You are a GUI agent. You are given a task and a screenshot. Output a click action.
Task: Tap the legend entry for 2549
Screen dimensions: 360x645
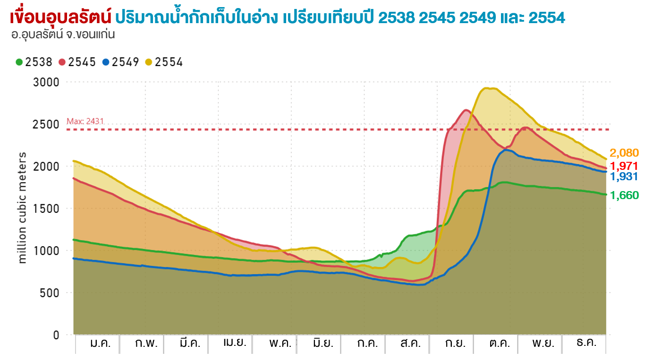(x=121, y=62)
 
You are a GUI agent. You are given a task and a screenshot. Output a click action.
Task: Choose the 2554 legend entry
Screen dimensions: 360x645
(x=164, y=62)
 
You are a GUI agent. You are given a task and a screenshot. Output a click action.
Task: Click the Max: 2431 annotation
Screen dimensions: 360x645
(x=85, y=122)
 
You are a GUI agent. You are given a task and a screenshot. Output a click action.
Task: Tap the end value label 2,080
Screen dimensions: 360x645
(x=624, y=153)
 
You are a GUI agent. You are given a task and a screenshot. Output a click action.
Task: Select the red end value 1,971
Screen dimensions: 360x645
(x=624, y=166)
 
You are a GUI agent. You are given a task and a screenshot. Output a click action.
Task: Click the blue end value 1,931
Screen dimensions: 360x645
(x=624, y=177)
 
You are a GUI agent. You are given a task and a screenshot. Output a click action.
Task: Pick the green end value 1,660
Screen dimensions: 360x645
(x=624, y=195)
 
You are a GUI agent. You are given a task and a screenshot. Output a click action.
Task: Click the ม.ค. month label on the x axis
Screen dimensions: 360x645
(x=100, y=343)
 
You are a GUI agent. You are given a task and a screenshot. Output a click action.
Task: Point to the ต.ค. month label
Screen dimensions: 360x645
(x=499, y=343)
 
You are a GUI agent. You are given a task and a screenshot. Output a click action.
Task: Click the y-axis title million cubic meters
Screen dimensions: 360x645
(x=23, y=208)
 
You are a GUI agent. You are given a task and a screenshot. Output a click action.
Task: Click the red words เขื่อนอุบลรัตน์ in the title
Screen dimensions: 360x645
(x=60, y=17)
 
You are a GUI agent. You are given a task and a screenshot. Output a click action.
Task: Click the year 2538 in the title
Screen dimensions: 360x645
(x=397, y=17)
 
